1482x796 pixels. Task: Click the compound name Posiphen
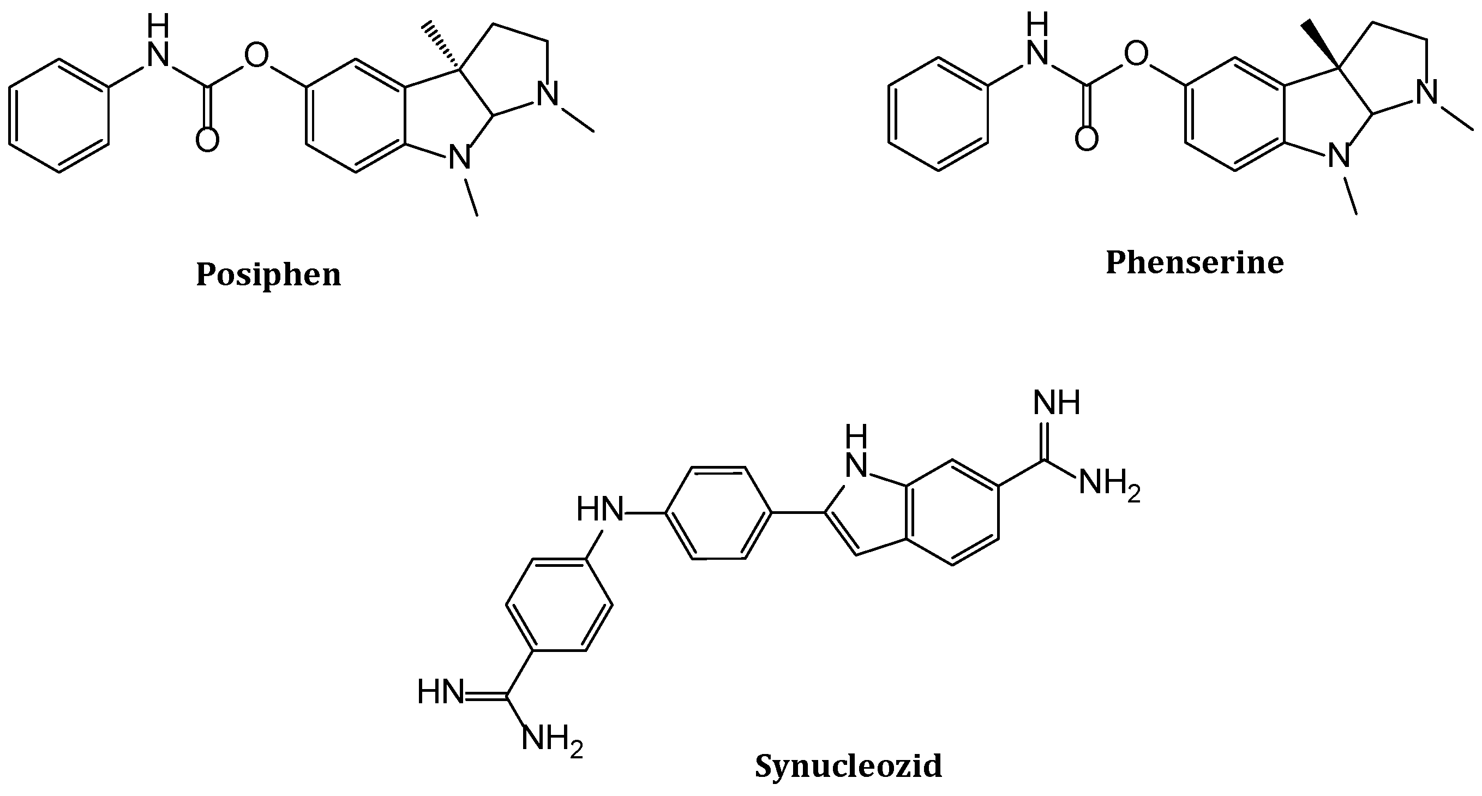click(x=269, y=275)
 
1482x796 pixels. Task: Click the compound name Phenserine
click(x=1195, y=263)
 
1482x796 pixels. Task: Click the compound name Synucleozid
click(x=849, y=766)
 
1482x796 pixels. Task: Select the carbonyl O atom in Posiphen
click(x=207, y=140)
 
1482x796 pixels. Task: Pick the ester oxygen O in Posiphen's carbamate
click(x=256, y=56)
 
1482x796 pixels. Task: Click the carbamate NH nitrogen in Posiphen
click(x=158, y=55)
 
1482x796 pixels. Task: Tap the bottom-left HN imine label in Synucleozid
click(x=441, y=692)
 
